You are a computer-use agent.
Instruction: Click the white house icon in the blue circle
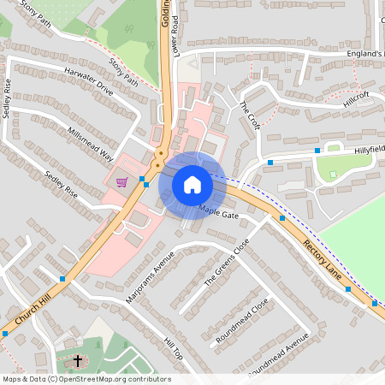point(192,184)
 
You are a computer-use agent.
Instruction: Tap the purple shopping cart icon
point(122,181)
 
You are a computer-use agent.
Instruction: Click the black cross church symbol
point(78,361)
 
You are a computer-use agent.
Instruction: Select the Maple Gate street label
point(219,211)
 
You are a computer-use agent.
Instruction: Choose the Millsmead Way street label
point(90,144)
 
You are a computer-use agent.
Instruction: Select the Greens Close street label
point(228,262)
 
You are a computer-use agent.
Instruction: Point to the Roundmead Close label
point(242,319)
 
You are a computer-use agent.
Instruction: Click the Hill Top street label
point(173,345)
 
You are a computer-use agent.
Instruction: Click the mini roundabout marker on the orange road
point(159,157)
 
